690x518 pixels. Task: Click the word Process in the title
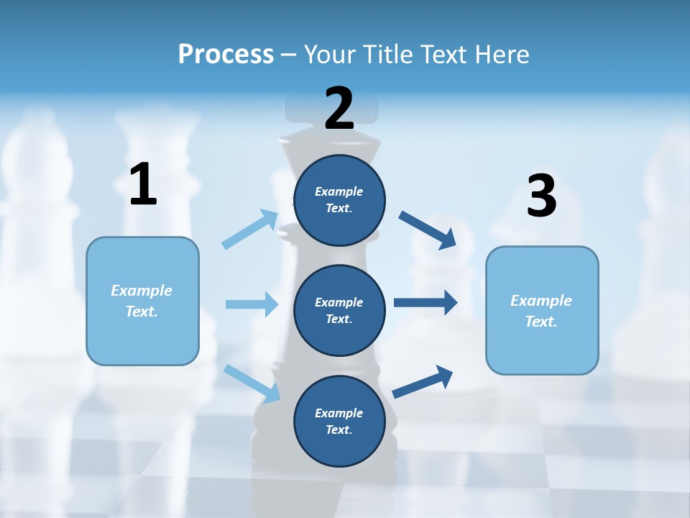coord(226,55)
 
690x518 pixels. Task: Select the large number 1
coord(143,185)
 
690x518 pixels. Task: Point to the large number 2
coord(339,109)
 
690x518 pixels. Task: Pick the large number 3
coord(541,196)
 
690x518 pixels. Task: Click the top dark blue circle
coord(339,200)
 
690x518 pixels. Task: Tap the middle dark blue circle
coord(339,310)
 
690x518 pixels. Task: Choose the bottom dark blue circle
coord(339,421)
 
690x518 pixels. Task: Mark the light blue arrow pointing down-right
coord(252,383)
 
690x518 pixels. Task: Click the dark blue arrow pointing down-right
coord(427,230)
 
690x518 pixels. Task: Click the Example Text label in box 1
coord(142,301)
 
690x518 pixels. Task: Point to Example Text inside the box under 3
coord(541,311)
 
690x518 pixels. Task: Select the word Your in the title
coord(329,55)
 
